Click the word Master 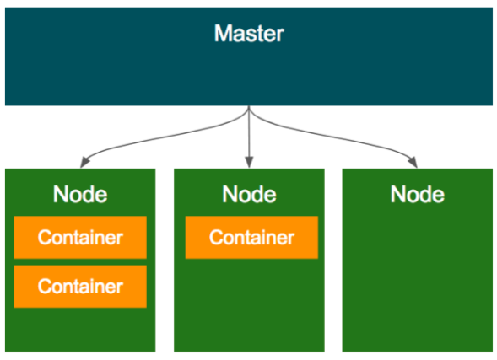coord(249,33)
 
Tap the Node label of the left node coord(80,194)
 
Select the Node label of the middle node coord(249,194)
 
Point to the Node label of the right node coord(418,194)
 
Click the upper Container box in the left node coord(80,237)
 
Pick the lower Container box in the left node coord(80,286)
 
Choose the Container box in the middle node coord(251,237)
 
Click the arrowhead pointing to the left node coord(84,163)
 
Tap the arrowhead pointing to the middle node coord(249,162)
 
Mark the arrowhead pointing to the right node coord(413,163)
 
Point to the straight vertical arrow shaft coord(249,132)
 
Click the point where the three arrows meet coord(249,107)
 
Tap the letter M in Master coord(222,33)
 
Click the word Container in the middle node coord(251,237)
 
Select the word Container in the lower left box coord(80,286)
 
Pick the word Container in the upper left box coord(80,237)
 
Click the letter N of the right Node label coord(397,194)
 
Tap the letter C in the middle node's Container coord(216,237)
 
